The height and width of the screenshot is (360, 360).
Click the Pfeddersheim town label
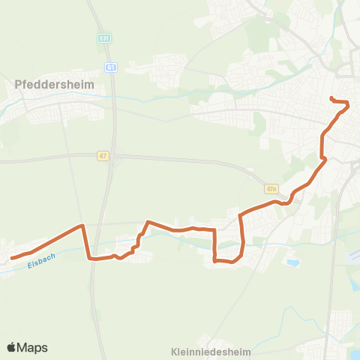point(55,85)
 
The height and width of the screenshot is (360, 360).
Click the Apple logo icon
point(11,347)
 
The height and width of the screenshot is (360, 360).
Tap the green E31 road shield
point(104,37)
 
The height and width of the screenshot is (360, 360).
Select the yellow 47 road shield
point(103,156)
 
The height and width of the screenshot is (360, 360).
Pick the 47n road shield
point(271,189)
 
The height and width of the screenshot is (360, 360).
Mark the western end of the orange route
point(12,258)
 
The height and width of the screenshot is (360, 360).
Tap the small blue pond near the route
point(291,262)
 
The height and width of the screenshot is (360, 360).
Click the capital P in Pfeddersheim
point(18,85)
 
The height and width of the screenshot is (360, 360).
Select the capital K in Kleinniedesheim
point(174,351)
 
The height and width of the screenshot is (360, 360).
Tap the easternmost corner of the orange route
point(348,105)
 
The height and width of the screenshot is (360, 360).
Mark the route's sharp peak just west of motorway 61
point(82,224)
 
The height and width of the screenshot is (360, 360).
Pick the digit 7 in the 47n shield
point(271,189)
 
